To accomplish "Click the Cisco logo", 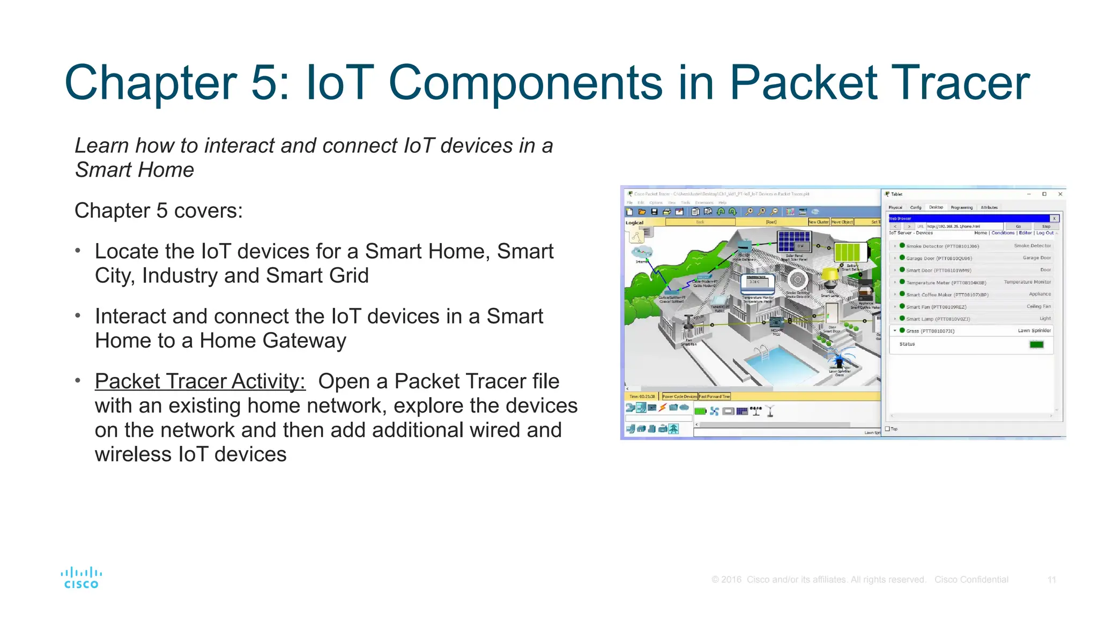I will point(81,578).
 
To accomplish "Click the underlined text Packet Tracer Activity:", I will point(200,381).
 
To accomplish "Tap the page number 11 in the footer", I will point(1051,579).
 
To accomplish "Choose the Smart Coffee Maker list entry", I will point(947,295).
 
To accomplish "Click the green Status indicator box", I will point(1036,344).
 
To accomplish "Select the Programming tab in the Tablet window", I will point(961,208).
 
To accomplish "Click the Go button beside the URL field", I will point(1018,226).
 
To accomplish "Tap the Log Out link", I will point(1044,233).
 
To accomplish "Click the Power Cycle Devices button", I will point(679,396).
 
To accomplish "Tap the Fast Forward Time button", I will point(714,396).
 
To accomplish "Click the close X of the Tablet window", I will point(1060,194).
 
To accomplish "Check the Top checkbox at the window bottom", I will point(888,429).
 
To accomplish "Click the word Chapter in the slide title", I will point(151,83).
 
